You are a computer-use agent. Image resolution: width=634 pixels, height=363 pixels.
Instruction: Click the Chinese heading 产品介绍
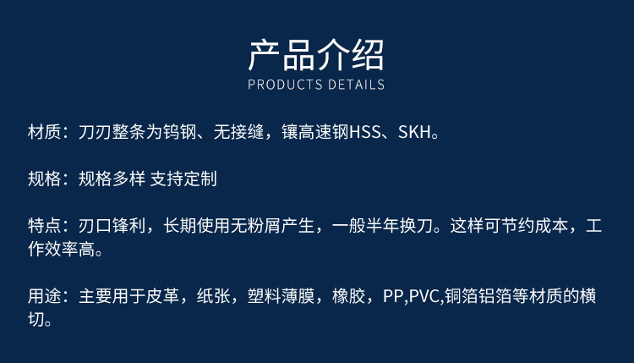tap(316, 55)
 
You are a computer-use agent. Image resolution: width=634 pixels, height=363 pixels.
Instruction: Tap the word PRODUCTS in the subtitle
tap(285, 85)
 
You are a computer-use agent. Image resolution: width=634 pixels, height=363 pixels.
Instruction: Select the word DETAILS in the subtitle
tap(356, 85)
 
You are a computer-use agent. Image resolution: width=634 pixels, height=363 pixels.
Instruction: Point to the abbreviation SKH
tap(414, 132)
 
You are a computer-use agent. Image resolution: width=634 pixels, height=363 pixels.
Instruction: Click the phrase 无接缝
tap(239, 132)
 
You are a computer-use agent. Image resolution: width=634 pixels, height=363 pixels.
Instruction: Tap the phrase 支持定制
tap(183, 179)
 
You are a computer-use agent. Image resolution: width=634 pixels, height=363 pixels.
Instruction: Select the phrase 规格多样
tap(112, 179)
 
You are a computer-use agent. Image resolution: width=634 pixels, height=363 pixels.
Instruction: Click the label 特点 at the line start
tap(45, 225)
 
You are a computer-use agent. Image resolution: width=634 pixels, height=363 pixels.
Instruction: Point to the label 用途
tap(45, 296)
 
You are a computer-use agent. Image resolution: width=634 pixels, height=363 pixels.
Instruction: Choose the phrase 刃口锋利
tap(112, 225)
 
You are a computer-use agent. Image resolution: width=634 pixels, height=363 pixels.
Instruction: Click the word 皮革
tap(162, 296)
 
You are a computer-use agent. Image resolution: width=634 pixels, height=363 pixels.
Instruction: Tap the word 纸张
tap(214, 296)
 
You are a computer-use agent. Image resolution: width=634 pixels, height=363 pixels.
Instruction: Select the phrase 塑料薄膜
tap(281, 296)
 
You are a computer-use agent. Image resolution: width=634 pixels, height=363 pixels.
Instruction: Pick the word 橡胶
tap(349, 296)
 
